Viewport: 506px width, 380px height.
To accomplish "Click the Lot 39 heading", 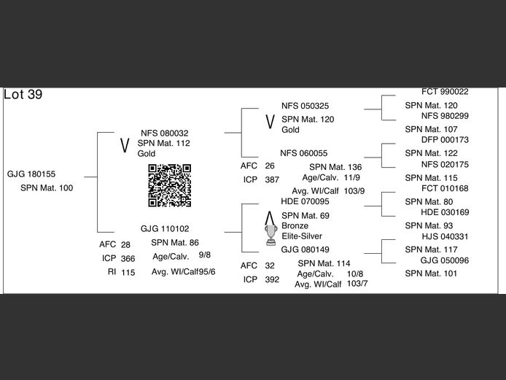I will click(23, 95).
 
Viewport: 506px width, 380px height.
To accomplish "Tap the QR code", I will click(169, 185).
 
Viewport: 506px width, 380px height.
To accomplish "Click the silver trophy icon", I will click(271, 231).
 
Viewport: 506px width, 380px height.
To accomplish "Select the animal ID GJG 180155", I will click(31, 174).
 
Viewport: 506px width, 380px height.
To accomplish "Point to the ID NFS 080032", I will click(164, 133).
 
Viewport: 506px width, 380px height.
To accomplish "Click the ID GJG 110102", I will click(165, 228).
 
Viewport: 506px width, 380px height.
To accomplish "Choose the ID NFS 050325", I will click(305, 106).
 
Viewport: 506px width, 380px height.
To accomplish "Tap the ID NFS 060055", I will click(303, 153).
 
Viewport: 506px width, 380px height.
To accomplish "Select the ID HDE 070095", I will click(305, 201).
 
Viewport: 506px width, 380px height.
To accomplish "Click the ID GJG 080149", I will click(305, 249).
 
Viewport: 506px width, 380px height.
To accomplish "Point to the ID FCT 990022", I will click(445, 92).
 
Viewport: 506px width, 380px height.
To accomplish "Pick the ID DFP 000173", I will click(445, 139).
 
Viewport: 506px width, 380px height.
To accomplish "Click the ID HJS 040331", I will click(445, 236).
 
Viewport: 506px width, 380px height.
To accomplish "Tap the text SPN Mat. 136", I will click(335, 167).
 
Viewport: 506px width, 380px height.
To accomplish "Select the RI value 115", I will click(128, 272).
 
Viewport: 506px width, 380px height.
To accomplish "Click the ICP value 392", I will click(272, 279).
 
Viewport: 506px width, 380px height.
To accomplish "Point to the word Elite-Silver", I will click(302, 236).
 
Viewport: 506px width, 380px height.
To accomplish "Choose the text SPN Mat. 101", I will click(431, 274).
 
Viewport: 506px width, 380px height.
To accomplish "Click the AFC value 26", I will click(270, 166).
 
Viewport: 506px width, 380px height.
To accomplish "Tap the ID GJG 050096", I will click(445, 260).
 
